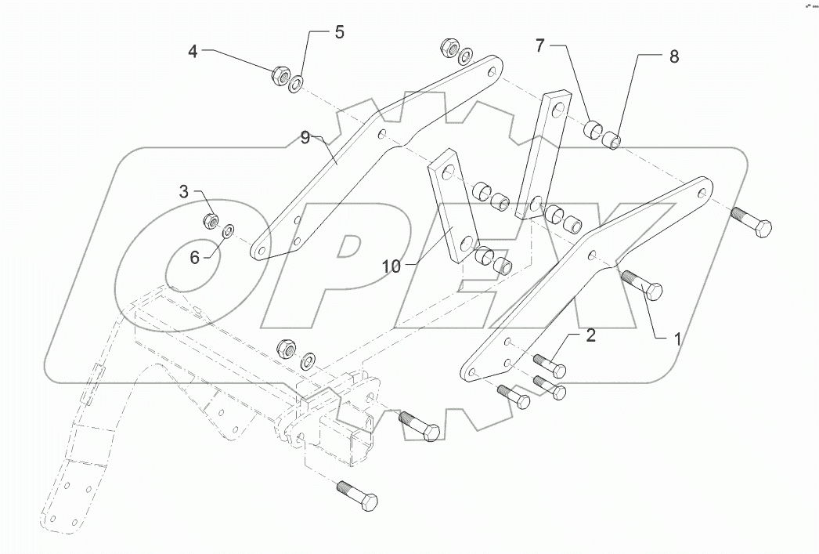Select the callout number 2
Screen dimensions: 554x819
click(591, 335)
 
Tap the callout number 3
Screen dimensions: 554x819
click(184, 190)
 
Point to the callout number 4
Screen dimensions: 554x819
click(193, 52)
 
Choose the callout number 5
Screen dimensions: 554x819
click(338, 32)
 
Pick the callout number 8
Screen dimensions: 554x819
click(673, 56)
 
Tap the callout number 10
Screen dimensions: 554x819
click(391, 266)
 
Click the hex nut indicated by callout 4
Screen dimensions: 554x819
click(280, 76)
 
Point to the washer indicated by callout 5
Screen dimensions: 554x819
click(297, 82)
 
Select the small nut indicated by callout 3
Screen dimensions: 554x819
click(211, 219)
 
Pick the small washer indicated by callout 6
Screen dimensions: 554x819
click(229, 230)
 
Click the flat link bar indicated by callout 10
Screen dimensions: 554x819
click(452, 208)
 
